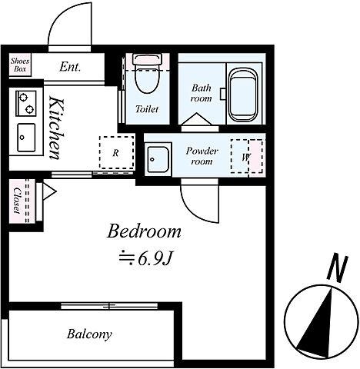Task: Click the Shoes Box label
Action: pos(20,65)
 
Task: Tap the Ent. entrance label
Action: pos(70,67)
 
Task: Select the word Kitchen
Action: pos(56,128)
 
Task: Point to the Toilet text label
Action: pos(147,109)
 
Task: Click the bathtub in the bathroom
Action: pos(243,95)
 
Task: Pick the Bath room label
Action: pos(202,93)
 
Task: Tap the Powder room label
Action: pos(202,156)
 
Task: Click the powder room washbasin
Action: pos(158,160)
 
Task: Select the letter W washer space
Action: pos(245,157)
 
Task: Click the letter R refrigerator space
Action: pos(116,153)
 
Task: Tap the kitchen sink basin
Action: pos(26,138)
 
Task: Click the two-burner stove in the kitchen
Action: pos(26,103)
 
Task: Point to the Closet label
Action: pos(17,201)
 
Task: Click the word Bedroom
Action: pos(144,231)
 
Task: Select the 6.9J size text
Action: pos(145,259)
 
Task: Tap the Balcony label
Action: pos(89,334)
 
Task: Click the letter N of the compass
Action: pos(338,268)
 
